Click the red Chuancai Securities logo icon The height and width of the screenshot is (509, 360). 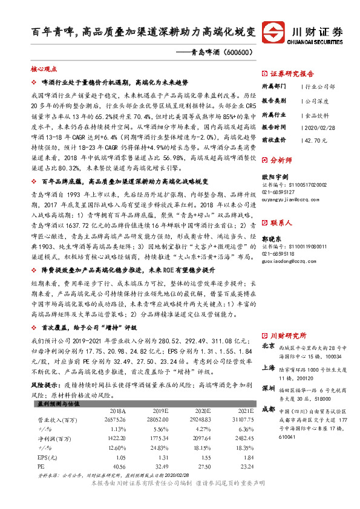pos(276,33)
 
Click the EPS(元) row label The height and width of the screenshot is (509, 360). pos(46,458)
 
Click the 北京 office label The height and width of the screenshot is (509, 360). pos(270,346)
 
